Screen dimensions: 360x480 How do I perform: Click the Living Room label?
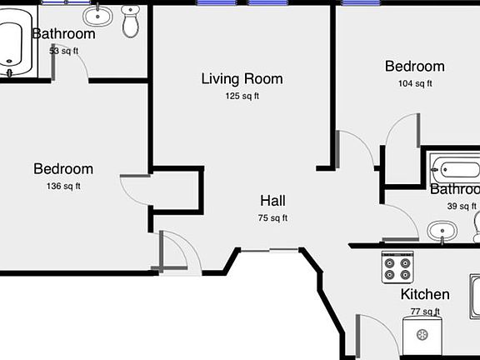tap(242, 79)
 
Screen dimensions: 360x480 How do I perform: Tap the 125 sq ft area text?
tap(242, 96)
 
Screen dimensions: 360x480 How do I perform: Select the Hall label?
tap(272, 201)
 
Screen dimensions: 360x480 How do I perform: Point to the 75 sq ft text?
tap(272, 218)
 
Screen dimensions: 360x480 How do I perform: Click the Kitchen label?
tap(425, 294)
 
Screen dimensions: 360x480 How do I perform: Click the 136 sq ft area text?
tap(63, 187)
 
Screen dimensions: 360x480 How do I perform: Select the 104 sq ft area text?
tap(414, 83)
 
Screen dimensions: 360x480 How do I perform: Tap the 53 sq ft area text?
tap(63, 51)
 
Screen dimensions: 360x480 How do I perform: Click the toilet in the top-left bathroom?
tap(131, 22)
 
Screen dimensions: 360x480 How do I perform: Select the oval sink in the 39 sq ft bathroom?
tap(442, 230)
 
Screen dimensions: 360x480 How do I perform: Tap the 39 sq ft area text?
tap(462, 207)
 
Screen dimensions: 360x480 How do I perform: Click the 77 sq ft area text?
tap(425, 312)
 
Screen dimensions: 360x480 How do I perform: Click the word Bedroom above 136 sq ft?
tap(63, 169)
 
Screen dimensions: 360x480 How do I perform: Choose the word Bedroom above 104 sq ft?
tap(414, 67)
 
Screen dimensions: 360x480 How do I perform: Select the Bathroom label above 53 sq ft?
tap(63, 34)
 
